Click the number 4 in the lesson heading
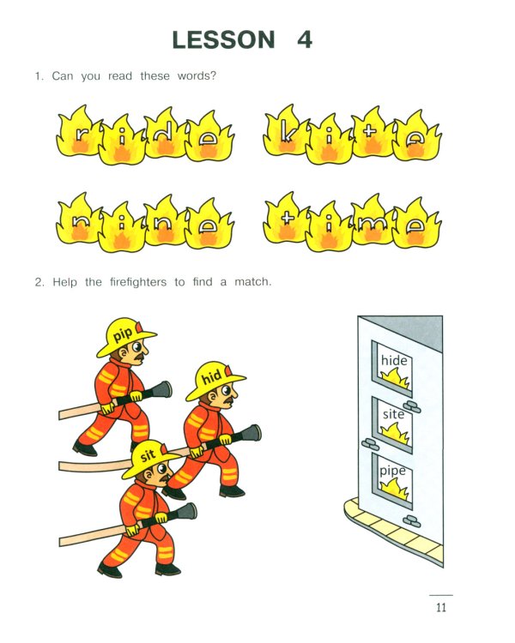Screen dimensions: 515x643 coord(305,39)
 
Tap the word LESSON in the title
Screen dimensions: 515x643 coord(223,39)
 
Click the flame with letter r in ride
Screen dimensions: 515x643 coord(78,132)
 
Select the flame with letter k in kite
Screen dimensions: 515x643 coord(285,132)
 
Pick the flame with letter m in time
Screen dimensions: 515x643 coord(372,220)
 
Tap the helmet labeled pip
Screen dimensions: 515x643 coord(124,336)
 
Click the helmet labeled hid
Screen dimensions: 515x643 coord(214,380)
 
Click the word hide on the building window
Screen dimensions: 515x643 coord(394,360)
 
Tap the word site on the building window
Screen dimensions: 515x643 coord(393,414)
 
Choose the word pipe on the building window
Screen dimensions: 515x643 coord(392,472)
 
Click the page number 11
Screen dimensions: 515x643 coord(441,607)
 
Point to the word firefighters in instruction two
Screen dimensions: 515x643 coord(138,282)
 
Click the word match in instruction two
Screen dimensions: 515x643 coord(252,282)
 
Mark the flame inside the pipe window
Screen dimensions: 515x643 coord(395,490)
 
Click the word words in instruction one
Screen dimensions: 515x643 coord(197,75)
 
